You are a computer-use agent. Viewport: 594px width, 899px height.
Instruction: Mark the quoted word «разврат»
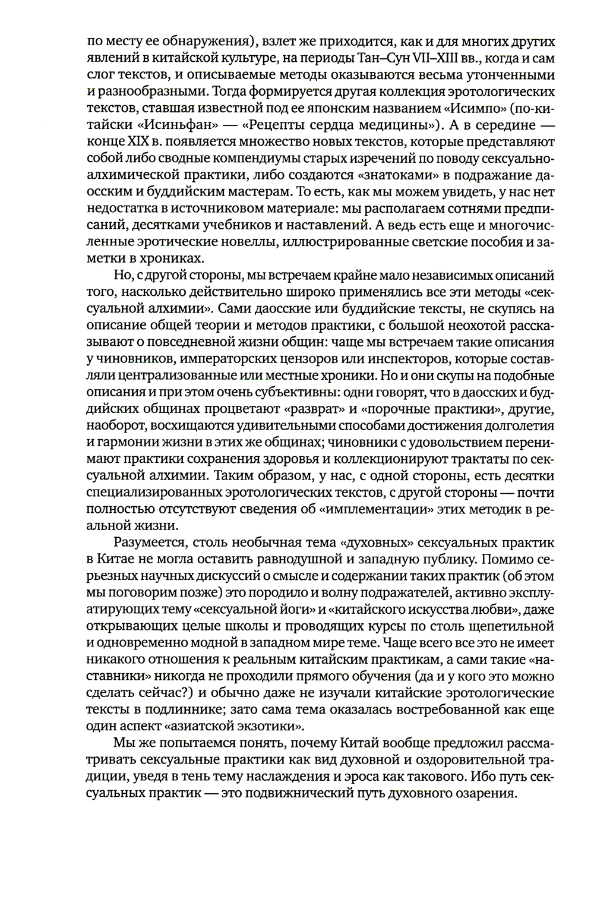point(304,410)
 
